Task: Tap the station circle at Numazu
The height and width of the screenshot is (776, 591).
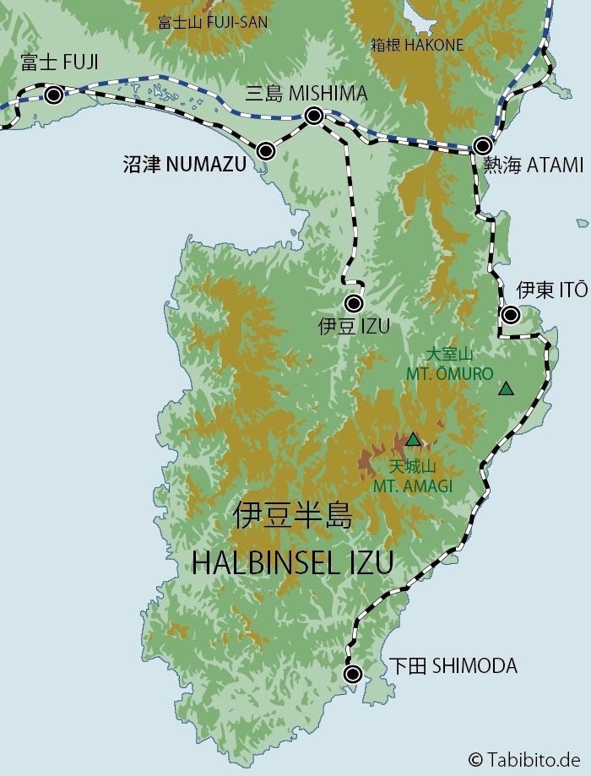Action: point(266,151)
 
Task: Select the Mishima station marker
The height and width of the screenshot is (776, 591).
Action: point(313,116)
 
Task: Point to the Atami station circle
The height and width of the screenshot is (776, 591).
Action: point(482,145)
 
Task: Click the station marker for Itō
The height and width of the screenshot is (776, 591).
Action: point(511,315)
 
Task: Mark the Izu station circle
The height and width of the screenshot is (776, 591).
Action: point(354,304)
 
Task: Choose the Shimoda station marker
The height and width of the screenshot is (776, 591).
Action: point(353,674)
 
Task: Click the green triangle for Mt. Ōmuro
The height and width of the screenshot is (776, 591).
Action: point(506,389)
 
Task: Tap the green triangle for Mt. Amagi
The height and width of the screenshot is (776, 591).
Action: point(413,439)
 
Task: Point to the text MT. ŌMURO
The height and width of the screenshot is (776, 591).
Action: point(449,373)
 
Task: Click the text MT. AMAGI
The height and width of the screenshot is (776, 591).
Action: point(412,486)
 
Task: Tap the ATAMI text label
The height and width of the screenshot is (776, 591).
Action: point(555,166)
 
